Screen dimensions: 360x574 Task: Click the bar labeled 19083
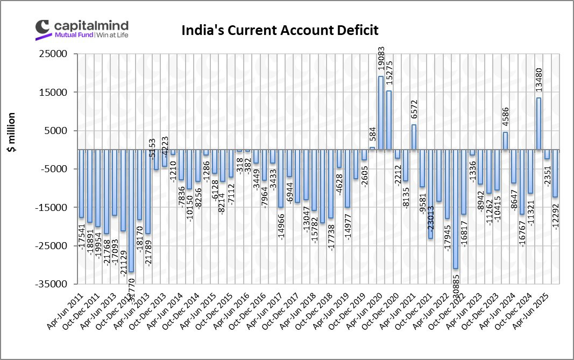[x=380, y=113]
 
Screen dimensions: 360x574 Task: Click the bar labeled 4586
[x=505, y=141]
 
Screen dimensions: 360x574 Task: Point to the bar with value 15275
[x=389, y=120]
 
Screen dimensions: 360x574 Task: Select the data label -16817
[x=464, y=231]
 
